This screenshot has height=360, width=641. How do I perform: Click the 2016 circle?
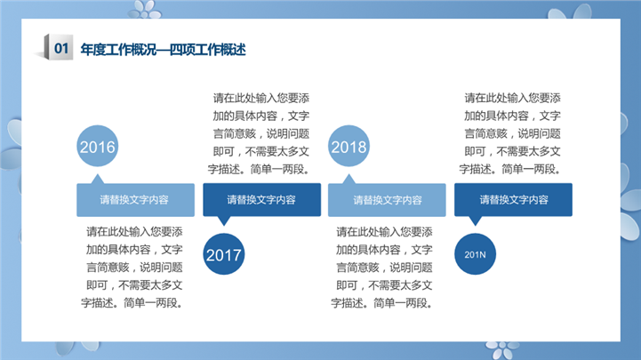(97, 146)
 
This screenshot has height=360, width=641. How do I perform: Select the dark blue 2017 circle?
(224, 254)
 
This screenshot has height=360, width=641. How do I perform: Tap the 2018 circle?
(349, 146)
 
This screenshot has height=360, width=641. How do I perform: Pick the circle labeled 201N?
(475, 254)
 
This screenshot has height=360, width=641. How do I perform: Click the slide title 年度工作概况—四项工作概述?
(163, 50)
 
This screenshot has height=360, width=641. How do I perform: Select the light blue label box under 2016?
(135, 200)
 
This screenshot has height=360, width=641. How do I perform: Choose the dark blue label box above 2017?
(262, 200)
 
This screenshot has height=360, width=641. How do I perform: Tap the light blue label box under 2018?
(387, 200)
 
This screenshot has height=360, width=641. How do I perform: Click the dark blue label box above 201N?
(514, 200)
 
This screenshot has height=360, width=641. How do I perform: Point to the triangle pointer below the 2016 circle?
(97, 180)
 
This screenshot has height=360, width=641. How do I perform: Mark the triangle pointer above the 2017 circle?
(224, 220)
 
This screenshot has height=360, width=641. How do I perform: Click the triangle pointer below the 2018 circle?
(349, 180)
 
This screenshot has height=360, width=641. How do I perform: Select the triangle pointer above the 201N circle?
(475, 220)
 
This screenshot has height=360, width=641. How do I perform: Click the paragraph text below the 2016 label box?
(132, 268)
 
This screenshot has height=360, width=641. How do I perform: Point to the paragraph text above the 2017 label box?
(259, 133)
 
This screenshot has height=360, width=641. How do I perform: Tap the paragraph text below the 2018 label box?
(381, 268)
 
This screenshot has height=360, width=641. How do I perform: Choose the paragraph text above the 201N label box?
(510, 133)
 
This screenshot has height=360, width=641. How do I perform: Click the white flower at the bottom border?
(501, 350)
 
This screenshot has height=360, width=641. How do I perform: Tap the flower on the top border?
(145, 9)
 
